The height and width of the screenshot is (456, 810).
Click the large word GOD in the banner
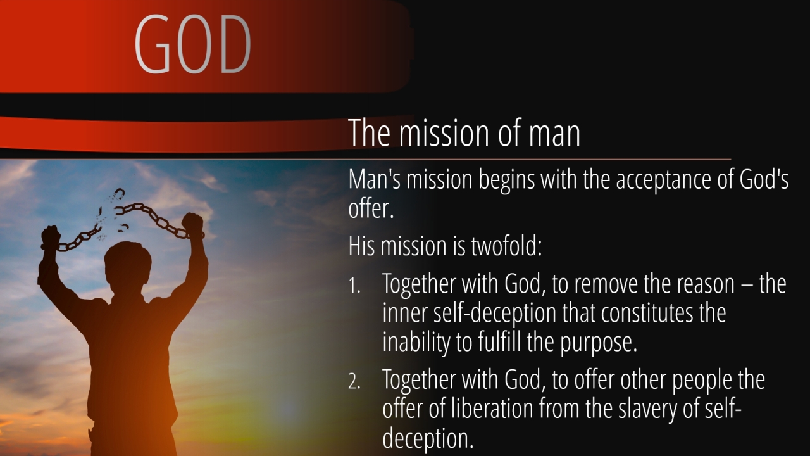pos(193,44)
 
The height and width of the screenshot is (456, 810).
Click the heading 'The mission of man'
pos(464,132)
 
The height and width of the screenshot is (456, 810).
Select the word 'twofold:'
pos(506,246)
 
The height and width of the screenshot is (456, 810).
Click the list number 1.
pos(354,286)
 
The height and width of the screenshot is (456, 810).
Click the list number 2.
pos(354,381)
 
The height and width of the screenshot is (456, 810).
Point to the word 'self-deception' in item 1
pos(495,313)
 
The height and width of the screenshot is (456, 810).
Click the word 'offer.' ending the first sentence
pos(371,209)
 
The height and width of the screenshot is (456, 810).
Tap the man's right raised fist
pos(192,224)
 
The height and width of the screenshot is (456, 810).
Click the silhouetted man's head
pos(128,266)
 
